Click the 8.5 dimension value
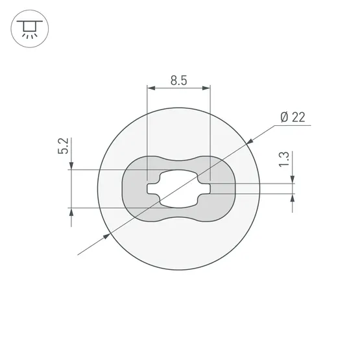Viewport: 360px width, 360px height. coord(179,81)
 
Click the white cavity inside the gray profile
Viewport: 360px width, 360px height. coord(179,189)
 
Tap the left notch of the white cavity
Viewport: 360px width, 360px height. coord(153,189)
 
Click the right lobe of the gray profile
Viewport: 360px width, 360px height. coord(222,189)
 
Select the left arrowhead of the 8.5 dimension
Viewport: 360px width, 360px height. coord(150,88)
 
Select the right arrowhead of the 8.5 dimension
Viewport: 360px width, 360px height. coord(207,88)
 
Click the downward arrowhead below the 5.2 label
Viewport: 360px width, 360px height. coord(70,167)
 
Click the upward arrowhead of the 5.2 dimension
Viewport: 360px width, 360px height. coord(70,211)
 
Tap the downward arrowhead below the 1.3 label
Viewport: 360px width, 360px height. coord(293,180)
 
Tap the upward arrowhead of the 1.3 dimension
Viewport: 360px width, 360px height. coord(293,198)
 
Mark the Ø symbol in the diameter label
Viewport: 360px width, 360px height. coord(284,117)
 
